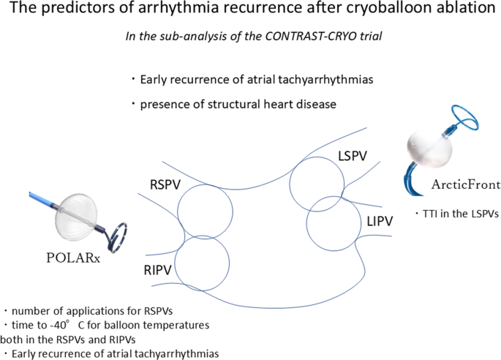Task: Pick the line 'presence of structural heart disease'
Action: [237, 104]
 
